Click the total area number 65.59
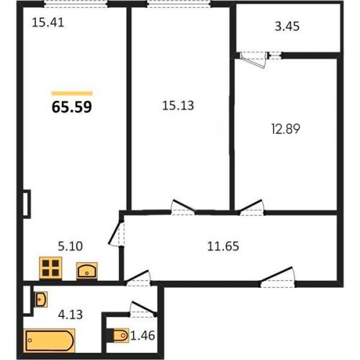pos(72,107)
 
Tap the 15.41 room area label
pos(48,23)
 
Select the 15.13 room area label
pos(178,106)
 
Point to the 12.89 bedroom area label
pos(286,129)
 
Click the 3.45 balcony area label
pos(287,27)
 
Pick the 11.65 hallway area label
pos(223,246)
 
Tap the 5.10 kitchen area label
pos(71,246)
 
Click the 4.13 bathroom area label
pos(71,315)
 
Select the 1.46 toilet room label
pos(143,336)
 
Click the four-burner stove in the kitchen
pos(50,268)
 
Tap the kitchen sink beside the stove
pos(87,271)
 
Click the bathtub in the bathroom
pos(50,341)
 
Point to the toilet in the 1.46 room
pos(119,336)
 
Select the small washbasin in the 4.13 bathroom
pos(41,299)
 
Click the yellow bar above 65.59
pos(72,94)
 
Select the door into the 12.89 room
pos(251,207)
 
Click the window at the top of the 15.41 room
pos(76,4)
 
